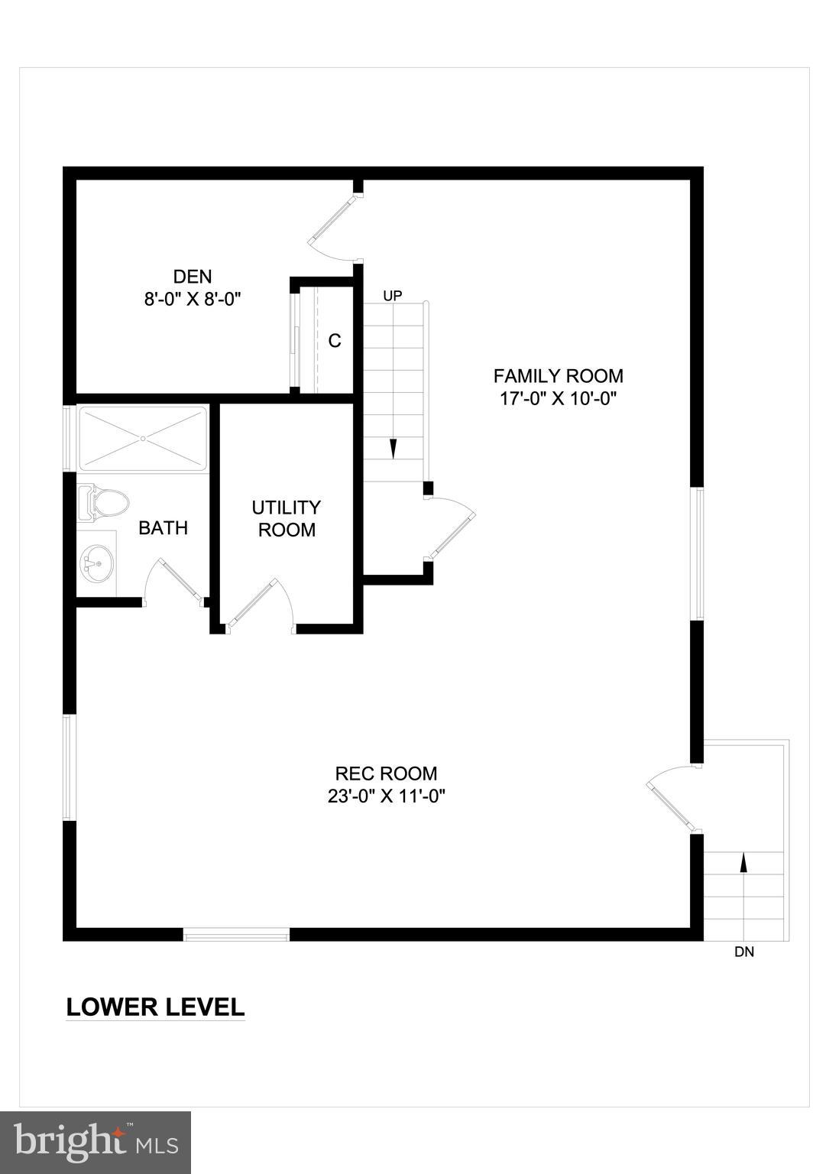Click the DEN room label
193,277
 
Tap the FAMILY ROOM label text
558,376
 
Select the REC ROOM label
386,773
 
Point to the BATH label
163,528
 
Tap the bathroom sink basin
96,564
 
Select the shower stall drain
143,439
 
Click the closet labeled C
335,341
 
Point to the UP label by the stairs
393,296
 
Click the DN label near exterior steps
744,952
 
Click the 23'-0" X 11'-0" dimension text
386,796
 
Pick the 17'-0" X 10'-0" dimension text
558,398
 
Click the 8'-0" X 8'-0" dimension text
193,299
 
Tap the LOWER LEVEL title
155,1007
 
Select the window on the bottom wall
236,934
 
